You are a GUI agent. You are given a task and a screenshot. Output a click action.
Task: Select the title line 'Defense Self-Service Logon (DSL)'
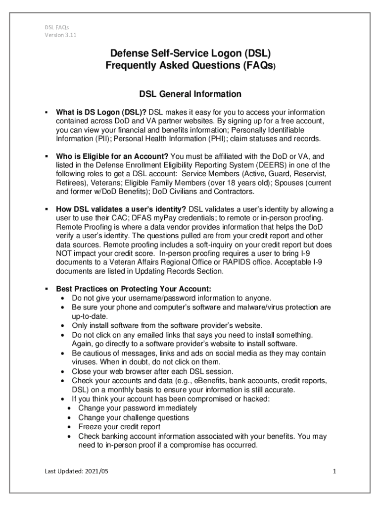pos(190,52)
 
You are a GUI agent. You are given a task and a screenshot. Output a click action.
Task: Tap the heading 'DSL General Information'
pos(190,94)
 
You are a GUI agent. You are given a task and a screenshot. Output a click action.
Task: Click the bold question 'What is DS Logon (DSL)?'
pos(101,112)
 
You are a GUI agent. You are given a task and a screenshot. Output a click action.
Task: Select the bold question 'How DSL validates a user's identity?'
pos(121,209)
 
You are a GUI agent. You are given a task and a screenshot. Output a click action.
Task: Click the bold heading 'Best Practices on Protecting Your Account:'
pos(134,289)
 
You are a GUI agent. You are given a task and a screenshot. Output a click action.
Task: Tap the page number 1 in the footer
pos(334,471)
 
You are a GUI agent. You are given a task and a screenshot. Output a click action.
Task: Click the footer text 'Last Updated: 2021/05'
pos(75,471)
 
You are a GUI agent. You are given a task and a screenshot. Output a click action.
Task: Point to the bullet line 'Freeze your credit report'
pos(119,427)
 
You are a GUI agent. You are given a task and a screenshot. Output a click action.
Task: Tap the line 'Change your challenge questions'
pos(134,417)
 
